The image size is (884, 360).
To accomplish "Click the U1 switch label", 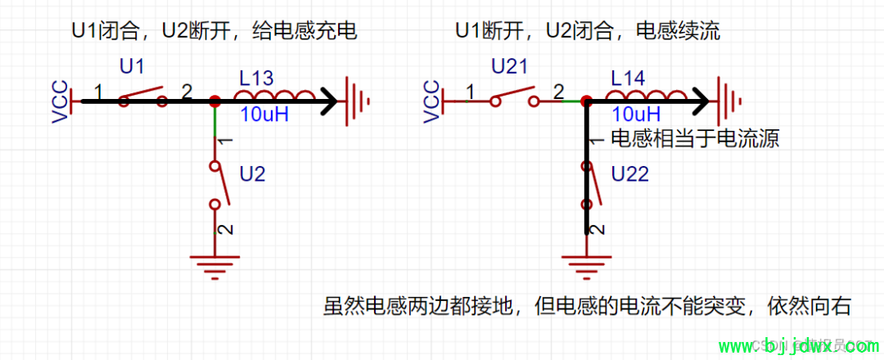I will tap(133, 65).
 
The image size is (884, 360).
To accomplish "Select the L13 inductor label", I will tap(256, 79).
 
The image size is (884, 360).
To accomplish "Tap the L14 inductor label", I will tap(629, 79).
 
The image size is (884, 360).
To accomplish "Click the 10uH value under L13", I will tap(264, 115).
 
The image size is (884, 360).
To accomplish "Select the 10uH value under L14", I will tap(636, 114).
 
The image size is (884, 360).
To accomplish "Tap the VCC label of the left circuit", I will tap(59, 101).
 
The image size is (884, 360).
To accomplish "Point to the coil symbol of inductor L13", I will tap(274, 97).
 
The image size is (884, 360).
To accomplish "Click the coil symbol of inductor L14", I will tap(647, 97).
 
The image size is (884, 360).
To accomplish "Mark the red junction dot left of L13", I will tap(214, 101).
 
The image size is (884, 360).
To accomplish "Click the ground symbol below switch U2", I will tap(215, 263).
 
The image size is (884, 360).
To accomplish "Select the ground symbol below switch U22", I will tap(587, 263).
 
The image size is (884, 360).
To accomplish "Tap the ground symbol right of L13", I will tap(358, 101).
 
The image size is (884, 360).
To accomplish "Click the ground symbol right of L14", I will tap(730, 101).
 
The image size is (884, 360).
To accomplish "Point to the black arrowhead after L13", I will tap(329, 101).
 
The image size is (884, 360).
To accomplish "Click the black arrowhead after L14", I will tap(701, 101).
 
